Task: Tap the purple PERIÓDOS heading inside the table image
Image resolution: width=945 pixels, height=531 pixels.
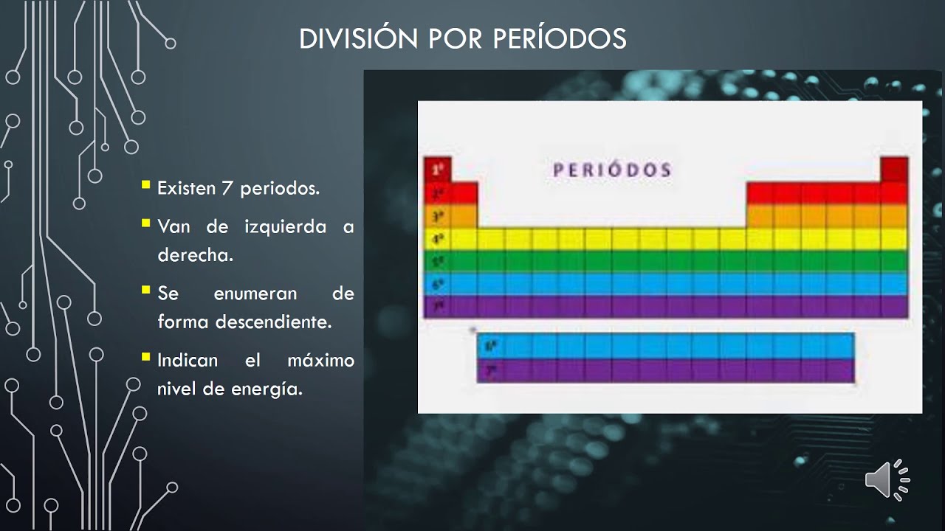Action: [x=612, y=170]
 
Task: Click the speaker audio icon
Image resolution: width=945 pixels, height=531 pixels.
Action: [x=887, y=480]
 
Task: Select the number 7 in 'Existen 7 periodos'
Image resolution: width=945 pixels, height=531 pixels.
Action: [x=227, y=188]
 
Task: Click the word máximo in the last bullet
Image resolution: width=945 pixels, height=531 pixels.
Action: [x=320, y=361]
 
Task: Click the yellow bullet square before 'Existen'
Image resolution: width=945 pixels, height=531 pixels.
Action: [x=145, y=184]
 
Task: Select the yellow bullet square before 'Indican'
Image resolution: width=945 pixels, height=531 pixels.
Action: [x=145, y=357]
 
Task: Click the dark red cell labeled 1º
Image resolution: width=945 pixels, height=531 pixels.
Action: [x=437, y=170]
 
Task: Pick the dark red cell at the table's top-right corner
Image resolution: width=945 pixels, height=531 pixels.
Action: [x=894, y=170]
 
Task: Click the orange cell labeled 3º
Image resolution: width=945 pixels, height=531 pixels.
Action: [x=437, y=216]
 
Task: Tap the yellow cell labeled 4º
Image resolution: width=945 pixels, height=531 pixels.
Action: [x=437, y=239]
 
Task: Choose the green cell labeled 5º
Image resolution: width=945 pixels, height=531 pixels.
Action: [x=437, y=261]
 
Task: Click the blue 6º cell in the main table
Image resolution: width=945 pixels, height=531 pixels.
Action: [x=437, y=284]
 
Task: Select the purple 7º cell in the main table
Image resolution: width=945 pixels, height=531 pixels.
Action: [x=437, y=306]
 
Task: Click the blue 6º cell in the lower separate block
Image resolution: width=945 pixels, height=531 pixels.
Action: [x=490, y=345]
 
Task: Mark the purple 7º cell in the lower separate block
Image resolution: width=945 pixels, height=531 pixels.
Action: [x=490, y=369]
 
